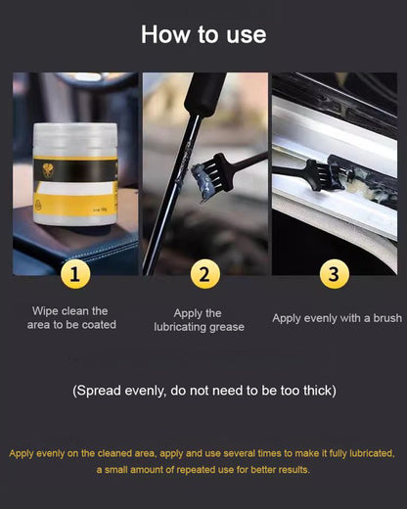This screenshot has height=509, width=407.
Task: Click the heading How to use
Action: tap(203, 34)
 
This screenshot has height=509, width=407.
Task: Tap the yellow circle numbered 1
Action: tap(75, 274)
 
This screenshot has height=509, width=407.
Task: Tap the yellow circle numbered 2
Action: tap(203, 274)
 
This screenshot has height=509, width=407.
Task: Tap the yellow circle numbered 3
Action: tap(334, 274)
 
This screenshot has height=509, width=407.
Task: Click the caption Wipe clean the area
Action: tap(70, 317)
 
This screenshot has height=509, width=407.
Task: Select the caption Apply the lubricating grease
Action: tap(200, 320)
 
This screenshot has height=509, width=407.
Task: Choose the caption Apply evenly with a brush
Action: tap(337, 318)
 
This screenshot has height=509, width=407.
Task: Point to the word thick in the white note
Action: tap(312, 391)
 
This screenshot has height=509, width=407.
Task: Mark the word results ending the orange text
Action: tap(291, 470)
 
